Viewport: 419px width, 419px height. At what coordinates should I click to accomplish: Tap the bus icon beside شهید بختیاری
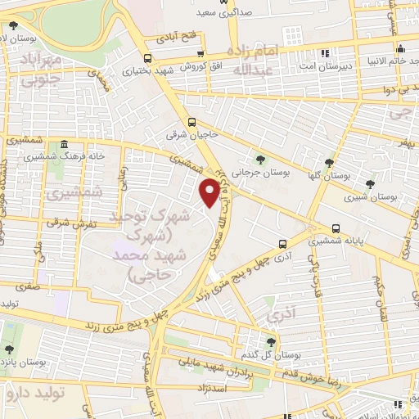point(147,57)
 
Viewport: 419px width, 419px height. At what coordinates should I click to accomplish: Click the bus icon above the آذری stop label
point(283,243)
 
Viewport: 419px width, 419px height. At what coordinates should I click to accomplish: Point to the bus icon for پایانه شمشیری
point(336,228)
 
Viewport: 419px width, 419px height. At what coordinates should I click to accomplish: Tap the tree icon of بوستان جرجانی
point(260,160)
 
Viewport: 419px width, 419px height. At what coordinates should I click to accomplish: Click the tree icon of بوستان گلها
point(329,163)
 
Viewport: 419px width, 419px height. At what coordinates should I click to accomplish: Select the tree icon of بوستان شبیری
point(370,183)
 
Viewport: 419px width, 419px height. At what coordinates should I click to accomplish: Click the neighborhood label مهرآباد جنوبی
point(38,69)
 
